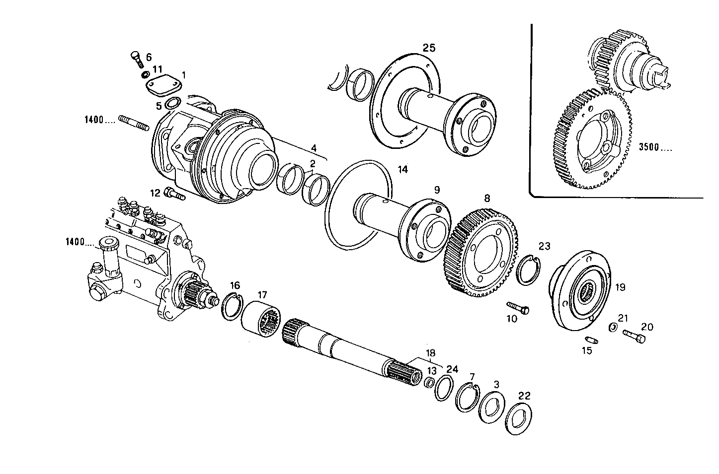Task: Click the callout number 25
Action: [428, 48]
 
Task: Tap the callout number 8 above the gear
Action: [487, 198]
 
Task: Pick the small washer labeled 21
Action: [613, 327]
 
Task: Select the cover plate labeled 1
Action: [161, 85]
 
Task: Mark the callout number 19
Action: [620, 287]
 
